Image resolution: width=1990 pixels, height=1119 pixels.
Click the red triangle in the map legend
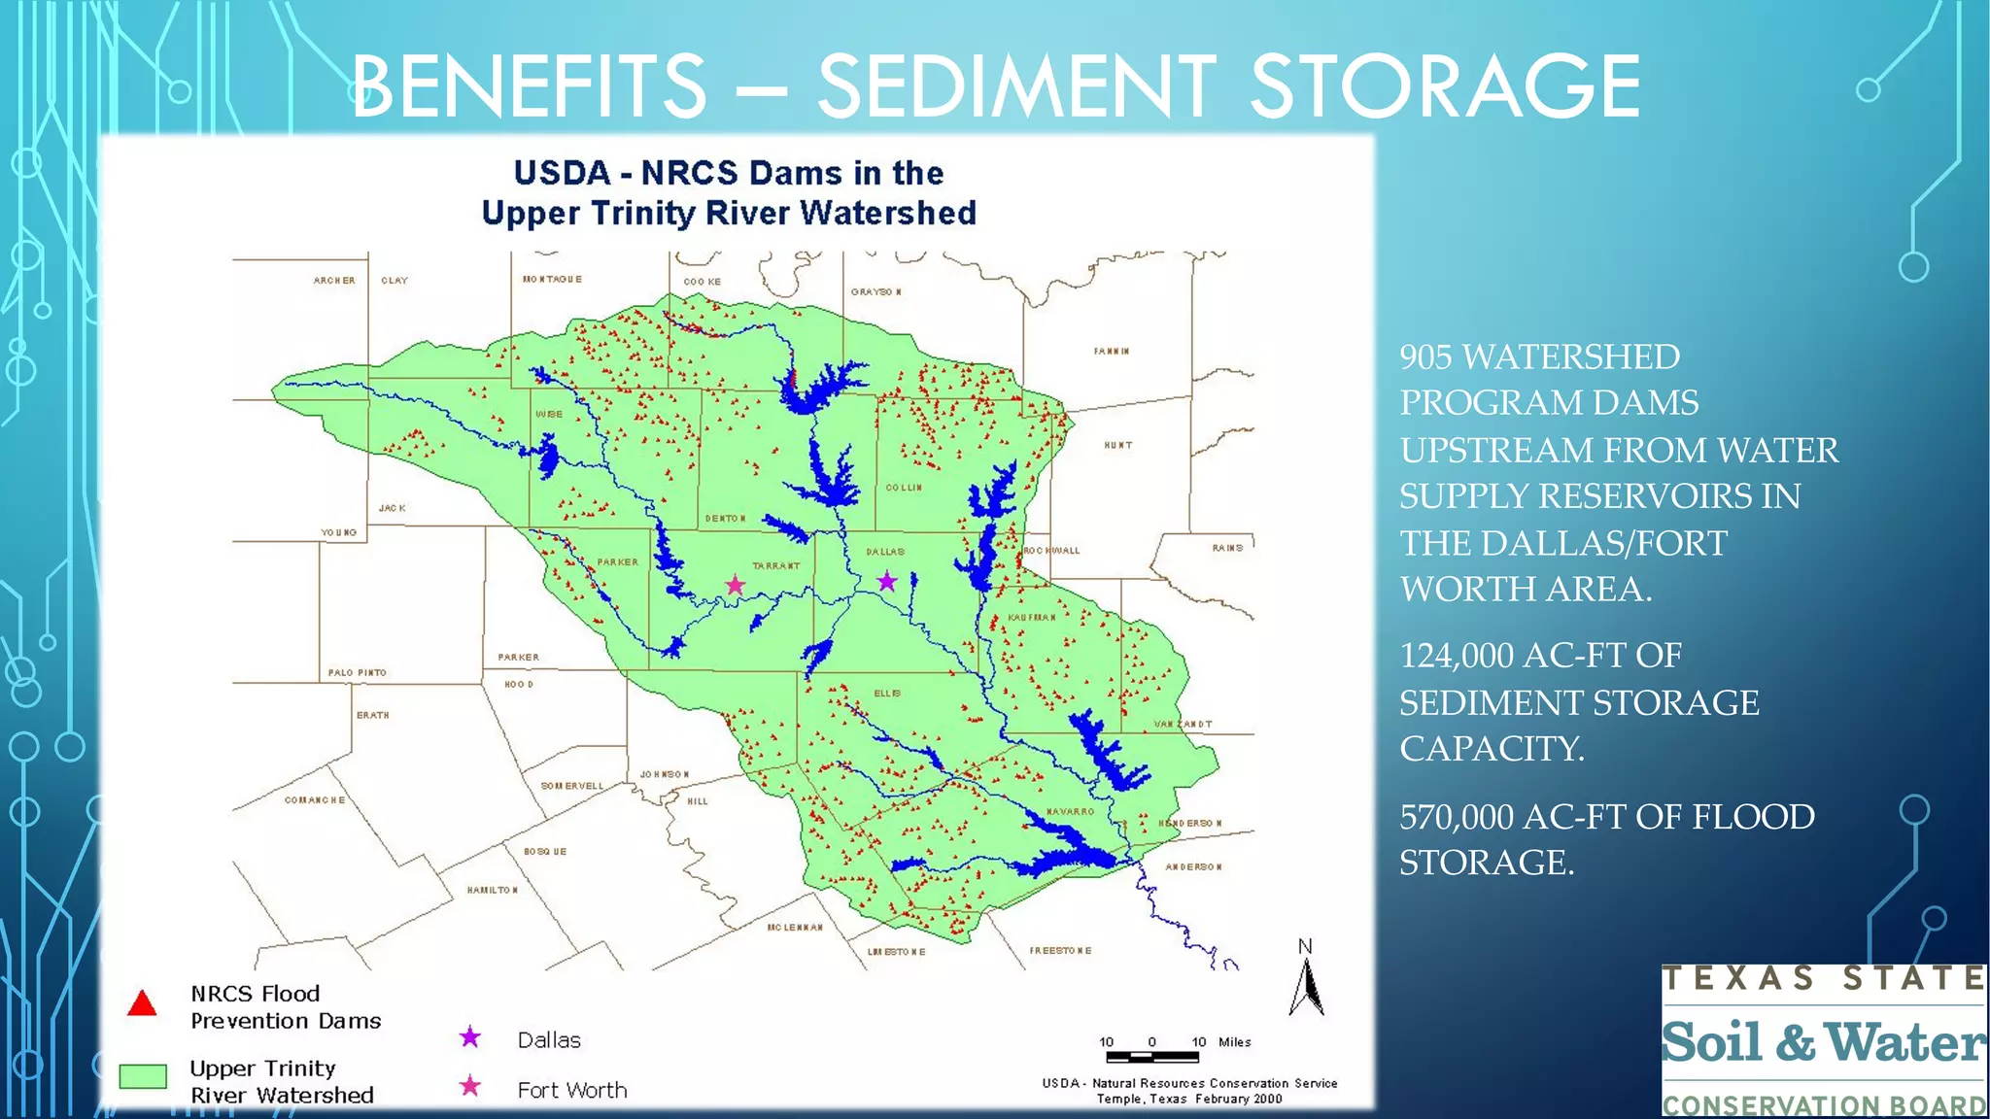(x=142, y=1003)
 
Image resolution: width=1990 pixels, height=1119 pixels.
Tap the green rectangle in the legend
(x=143, y=1075)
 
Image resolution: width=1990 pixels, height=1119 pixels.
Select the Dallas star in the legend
(x=470, y=1037)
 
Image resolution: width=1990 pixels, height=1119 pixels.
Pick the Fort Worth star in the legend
(x=470, y=1086)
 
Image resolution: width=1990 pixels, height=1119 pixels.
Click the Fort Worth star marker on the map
(x=736, y=585)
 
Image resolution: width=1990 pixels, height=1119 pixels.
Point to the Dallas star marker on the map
(x=887, y=582)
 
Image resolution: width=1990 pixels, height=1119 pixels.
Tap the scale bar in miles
(x=1152, y=1056)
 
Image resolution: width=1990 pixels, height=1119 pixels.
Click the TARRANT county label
(x=776, y=565)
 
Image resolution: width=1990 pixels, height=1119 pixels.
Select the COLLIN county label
(x=904, y=488)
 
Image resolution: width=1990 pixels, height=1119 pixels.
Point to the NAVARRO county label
(x=1071, y=811)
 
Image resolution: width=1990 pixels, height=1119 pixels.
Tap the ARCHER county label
(x=334, y=281)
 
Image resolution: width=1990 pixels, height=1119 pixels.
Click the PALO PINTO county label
(x=357, y=672)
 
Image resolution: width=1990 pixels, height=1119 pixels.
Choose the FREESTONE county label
(x=1060, y=950)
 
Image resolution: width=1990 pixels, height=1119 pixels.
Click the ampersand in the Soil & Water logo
(x=1795, y=1042)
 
